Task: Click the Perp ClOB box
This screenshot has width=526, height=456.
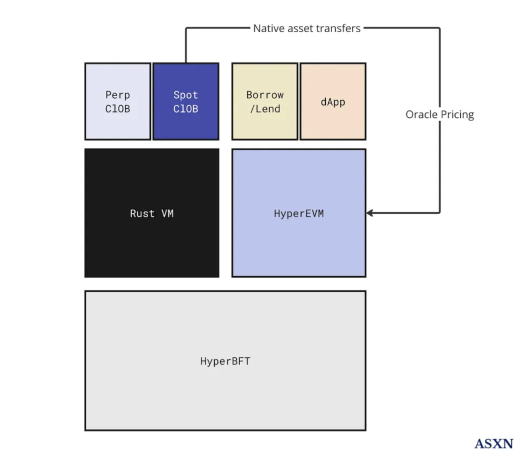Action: click(x=117, y=101)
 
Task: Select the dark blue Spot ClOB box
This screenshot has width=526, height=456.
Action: click(x=186, y=101)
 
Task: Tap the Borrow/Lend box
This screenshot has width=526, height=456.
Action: click(x=264, y=101)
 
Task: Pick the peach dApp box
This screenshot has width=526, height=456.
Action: click(x=333, y=101)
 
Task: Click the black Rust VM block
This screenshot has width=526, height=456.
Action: click(x=151, y=213)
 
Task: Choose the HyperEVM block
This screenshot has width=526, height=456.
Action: click(x=299, y=213)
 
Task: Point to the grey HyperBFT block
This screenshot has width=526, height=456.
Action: click(x=225, y=361)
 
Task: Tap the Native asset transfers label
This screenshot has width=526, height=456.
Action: click(x=307, y=28)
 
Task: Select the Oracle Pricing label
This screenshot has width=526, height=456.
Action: click(x=439, y=115)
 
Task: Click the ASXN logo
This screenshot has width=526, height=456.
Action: click(x=494, y=443)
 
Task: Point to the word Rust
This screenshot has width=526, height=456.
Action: click(x=142, y=213)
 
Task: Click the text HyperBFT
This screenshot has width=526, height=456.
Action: click(x=225, y=361)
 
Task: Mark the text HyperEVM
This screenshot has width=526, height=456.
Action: click(x=299, y=213)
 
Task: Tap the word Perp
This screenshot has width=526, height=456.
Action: click(x=117, y=95)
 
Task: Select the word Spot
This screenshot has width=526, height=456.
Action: click(x=186, y=95)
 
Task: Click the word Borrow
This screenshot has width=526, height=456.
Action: click(x=264, y=95)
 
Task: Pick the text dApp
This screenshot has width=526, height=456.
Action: click(x=333, y=102)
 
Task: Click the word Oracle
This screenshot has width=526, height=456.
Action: click(x=421, y=115)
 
